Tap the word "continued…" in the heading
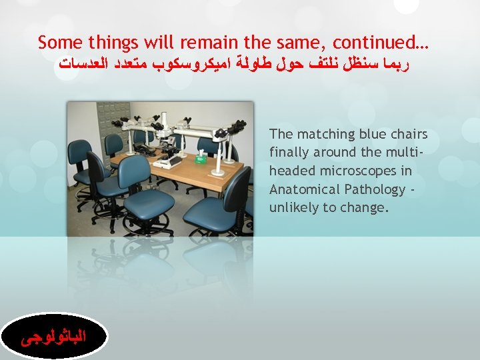click(381, 43)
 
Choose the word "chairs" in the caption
click(407, 135)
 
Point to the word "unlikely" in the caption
click(293, 207)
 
